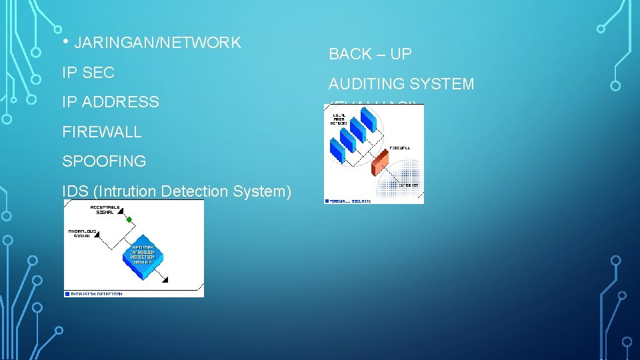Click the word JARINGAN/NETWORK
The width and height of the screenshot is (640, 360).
point(157,43)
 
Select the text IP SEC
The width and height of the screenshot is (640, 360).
point(88,73)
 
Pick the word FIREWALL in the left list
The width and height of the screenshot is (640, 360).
point(101,132)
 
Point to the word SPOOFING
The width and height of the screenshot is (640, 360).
point(104,161)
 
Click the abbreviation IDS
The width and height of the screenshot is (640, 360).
point(75,191)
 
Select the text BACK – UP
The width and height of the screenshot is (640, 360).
point(370,55)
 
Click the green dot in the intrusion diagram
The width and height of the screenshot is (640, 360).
point(129,219)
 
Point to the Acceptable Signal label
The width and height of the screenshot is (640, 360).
point(104,209)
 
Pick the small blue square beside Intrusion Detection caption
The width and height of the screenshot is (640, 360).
point(67,293)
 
